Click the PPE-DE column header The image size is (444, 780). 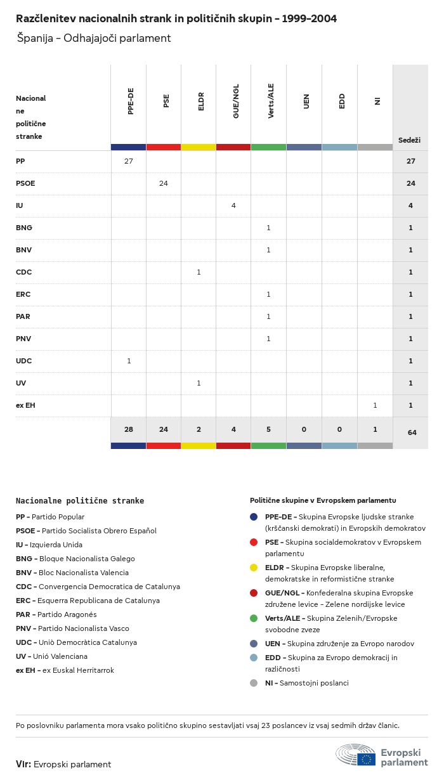[131, 101]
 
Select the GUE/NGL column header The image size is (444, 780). [236, 103]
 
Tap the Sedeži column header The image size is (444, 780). [409, 140]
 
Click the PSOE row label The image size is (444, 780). [25, 183]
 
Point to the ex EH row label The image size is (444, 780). [25, 405]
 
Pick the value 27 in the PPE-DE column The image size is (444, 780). [129, 161]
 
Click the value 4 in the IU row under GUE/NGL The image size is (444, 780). [233, 205]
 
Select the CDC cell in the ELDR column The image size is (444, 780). [199, 272]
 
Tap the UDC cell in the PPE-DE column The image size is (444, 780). [129, 361]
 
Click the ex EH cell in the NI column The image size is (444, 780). [375, 405]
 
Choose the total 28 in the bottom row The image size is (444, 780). [129, 429]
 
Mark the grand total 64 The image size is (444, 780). [412, 432]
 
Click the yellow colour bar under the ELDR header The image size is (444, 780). [199, 147]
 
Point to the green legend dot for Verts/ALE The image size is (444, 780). [254, 618]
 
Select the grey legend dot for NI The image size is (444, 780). [254, 683]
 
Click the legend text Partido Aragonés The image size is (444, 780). [67, 614]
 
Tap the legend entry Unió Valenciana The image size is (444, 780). [60, 656]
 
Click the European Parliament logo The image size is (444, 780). [382, 756]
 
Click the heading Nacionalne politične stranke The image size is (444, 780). [80, 500]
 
